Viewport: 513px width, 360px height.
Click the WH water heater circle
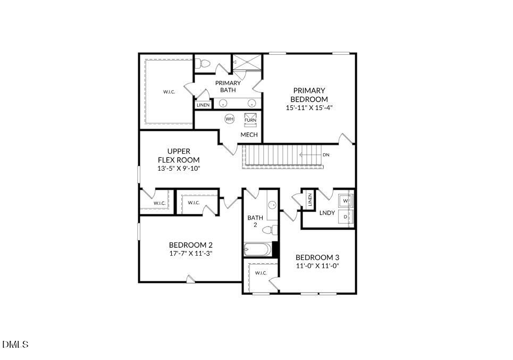tap(230, 119)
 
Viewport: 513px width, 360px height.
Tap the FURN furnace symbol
tap(250, 120)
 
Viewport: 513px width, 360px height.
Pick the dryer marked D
tap(346, 216)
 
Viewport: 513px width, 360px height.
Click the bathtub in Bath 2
tap(258, 249)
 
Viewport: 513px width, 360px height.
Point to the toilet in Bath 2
tap(270, 230)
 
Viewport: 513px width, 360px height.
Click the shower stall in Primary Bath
tap(247, 62)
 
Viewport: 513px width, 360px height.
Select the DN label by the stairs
tap(326, 155)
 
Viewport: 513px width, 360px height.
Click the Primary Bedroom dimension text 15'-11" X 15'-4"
tap(309, 107)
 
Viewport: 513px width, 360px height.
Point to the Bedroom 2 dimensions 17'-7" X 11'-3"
tap(191, 253)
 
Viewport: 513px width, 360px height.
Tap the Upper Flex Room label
tap(179, 155)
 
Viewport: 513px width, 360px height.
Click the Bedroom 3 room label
tap(317, 257)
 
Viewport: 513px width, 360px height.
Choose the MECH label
tap(249, 135)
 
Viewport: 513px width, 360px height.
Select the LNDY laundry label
tap(327, 213)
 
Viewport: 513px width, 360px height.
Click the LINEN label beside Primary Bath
tap(203, 105)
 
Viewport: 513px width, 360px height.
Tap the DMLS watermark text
tap(15, 344)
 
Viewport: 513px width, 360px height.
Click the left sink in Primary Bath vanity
tap(223, 103)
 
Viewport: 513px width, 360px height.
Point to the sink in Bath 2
tap(272, 205)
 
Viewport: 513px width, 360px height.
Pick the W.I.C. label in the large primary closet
tap(169, 92)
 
